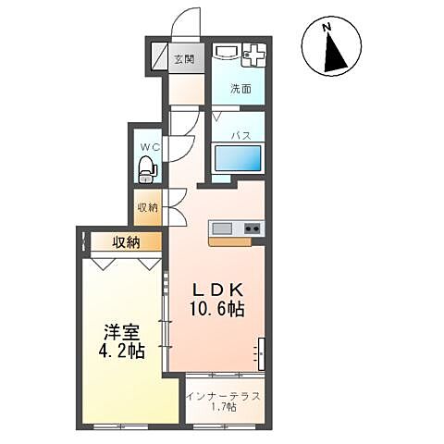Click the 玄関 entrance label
[x=184, y=59]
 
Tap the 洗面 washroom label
[x=240, y=89]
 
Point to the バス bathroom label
[x=241, y=135]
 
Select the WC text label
[x=150, y=147]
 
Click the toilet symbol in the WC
[x=147, y=169]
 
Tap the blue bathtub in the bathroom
[x=238, y=158]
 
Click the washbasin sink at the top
[x=228, y=52]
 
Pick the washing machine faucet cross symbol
[x=254, y=55]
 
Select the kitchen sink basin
[x=222, y=228]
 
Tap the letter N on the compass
[x=327, y=28]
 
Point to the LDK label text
[x=217, y=290]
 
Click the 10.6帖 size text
[x=217, y=309]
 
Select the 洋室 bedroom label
[x=122, y=331]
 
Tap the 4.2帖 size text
[x=122, y=351]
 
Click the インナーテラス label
[x=224, y=396]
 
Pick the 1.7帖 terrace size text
[x=224, y=408]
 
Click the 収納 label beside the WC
[x=148, y=207]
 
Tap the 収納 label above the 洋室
[x=126, y=242]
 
